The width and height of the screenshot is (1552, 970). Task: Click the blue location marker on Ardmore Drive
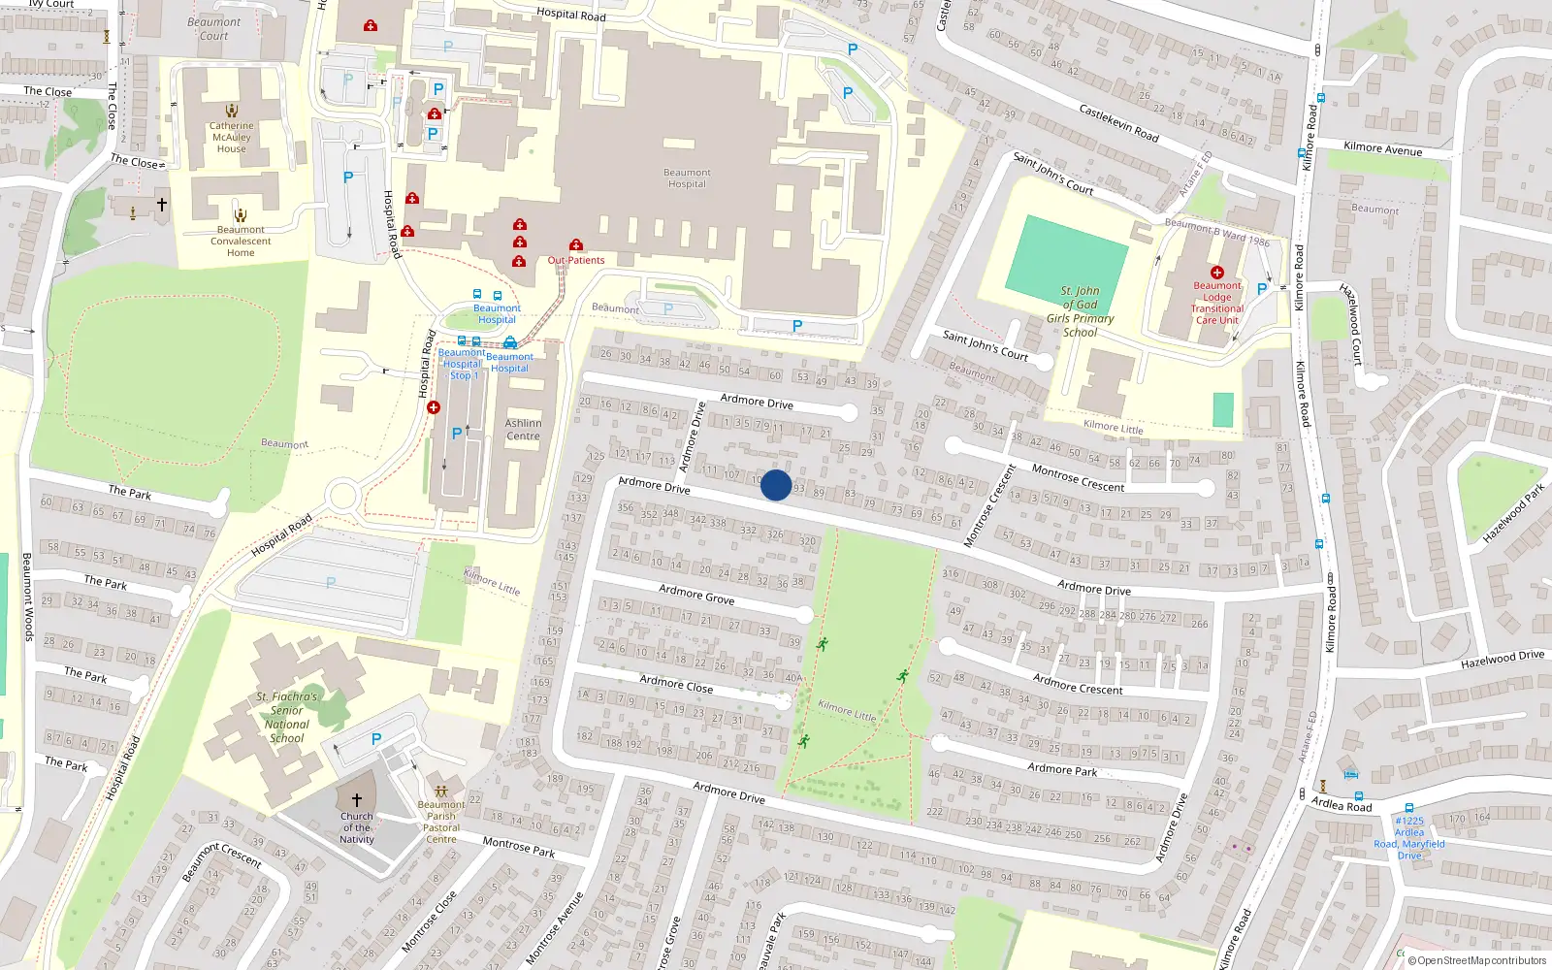(x=776, y=485)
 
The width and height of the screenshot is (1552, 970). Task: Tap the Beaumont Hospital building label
(x=687, y=178)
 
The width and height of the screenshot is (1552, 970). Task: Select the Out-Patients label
(x=576, y=260)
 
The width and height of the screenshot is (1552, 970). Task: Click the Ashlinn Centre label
(x=523, y=430)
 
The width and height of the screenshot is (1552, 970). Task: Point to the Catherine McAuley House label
(x=232, y=137)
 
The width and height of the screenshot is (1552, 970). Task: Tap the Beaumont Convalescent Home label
(x=241, y=242)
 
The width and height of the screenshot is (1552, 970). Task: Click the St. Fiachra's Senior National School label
(x=287, y=718)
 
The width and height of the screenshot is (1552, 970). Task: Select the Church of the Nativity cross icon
(x=357, y=799)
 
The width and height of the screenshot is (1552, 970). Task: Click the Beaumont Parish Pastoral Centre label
(x=441, y=822)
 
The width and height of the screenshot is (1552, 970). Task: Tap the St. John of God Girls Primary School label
(x=1080, y=311)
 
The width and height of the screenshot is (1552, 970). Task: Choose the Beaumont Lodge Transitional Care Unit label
(x=1217, y=303)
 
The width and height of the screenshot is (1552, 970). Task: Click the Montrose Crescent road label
(x=1078, y=478)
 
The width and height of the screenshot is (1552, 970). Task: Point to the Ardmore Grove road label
(x=696, y=595)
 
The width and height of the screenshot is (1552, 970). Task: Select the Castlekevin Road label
(x=1119, y=123)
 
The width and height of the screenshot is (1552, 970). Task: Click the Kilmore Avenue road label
(x=1382, y=148)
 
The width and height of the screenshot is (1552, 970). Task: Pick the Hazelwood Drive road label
(x=1503, y=660)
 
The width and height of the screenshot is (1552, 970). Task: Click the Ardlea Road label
(x=1342, y=805)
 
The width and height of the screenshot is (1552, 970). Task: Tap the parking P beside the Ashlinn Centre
(x=456, y=434)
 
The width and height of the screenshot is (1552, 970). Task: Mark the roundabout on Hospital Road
(x=342, y=497)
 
